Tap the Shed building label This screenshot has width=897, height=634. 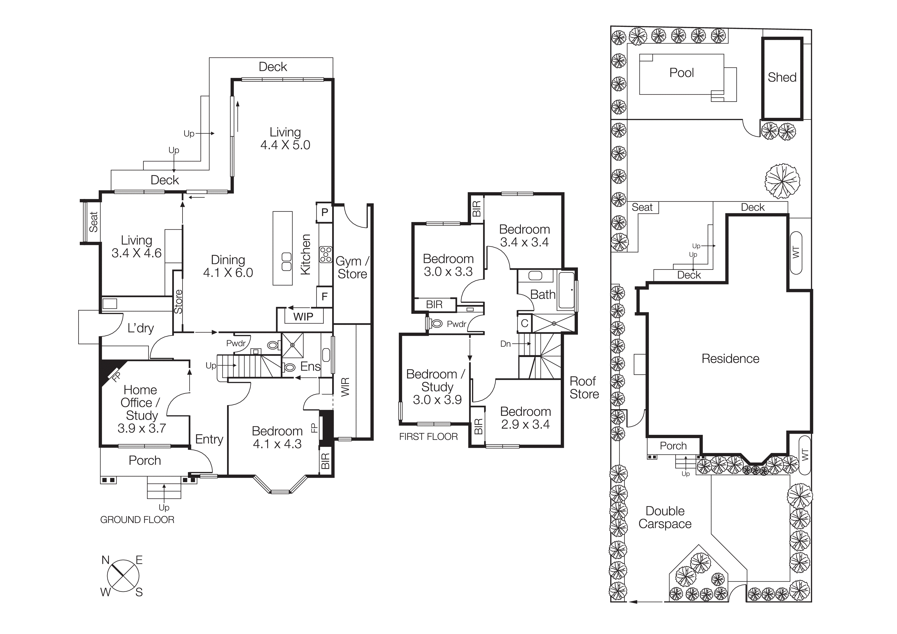(782, 77)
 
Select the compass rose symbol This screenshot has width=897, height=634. (123, 576)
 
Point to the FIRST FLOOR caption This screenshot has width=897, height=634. (428, 437)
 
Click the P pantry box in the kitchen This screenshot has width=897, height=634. (324, 213)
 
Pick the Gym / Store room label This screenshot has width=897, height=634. (352, 268)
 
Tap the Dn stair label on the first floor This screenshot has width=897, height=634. (505, 344)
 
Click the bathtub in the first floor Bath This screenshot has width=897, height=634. (566, 290)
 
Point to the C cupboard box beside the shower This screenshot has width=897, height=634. (524, 324)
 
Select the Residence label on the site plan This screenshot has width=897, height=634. (730, 359)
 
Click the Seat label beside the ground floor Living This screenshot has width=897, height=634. (93, 222)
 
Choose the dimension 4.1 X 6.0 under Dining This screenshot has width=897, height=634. (228, 273)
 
